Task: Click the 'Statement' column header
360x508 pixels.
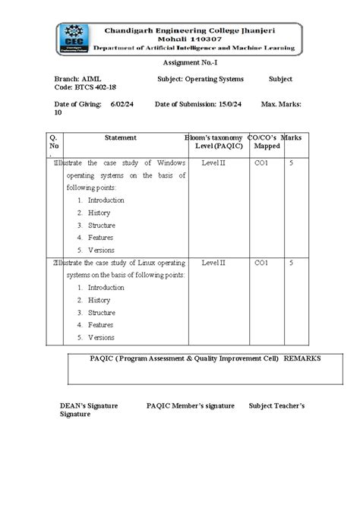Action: pos(121,137)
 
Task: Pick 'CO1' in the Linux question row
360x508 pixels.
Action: pos(261,262)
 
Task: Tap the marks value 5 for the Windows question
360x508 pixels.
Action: pos(292,162)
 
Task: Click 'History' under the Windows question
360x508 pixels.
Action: pos(99,213)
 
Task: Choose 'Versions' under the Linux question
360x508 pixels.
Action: pos(101,337)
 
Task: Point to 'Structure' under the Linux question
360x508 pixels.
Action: pos(101,312)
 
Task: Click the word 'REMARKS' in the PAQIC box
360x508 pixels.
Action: pos(302,358)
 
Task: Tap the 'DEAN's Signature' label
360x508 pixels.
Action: pos(89,406)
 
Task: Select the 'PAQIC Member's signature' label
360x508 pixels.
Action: pos(190,406)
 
